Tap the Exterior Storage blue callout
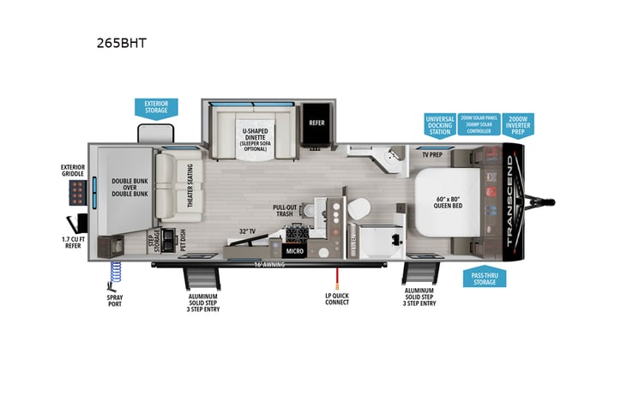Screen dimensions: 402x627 coord(155,107)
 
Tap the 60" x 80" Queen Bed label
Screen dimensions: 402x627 coord(448,203)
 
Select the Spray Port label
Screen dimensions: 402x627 coord(114,301)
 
